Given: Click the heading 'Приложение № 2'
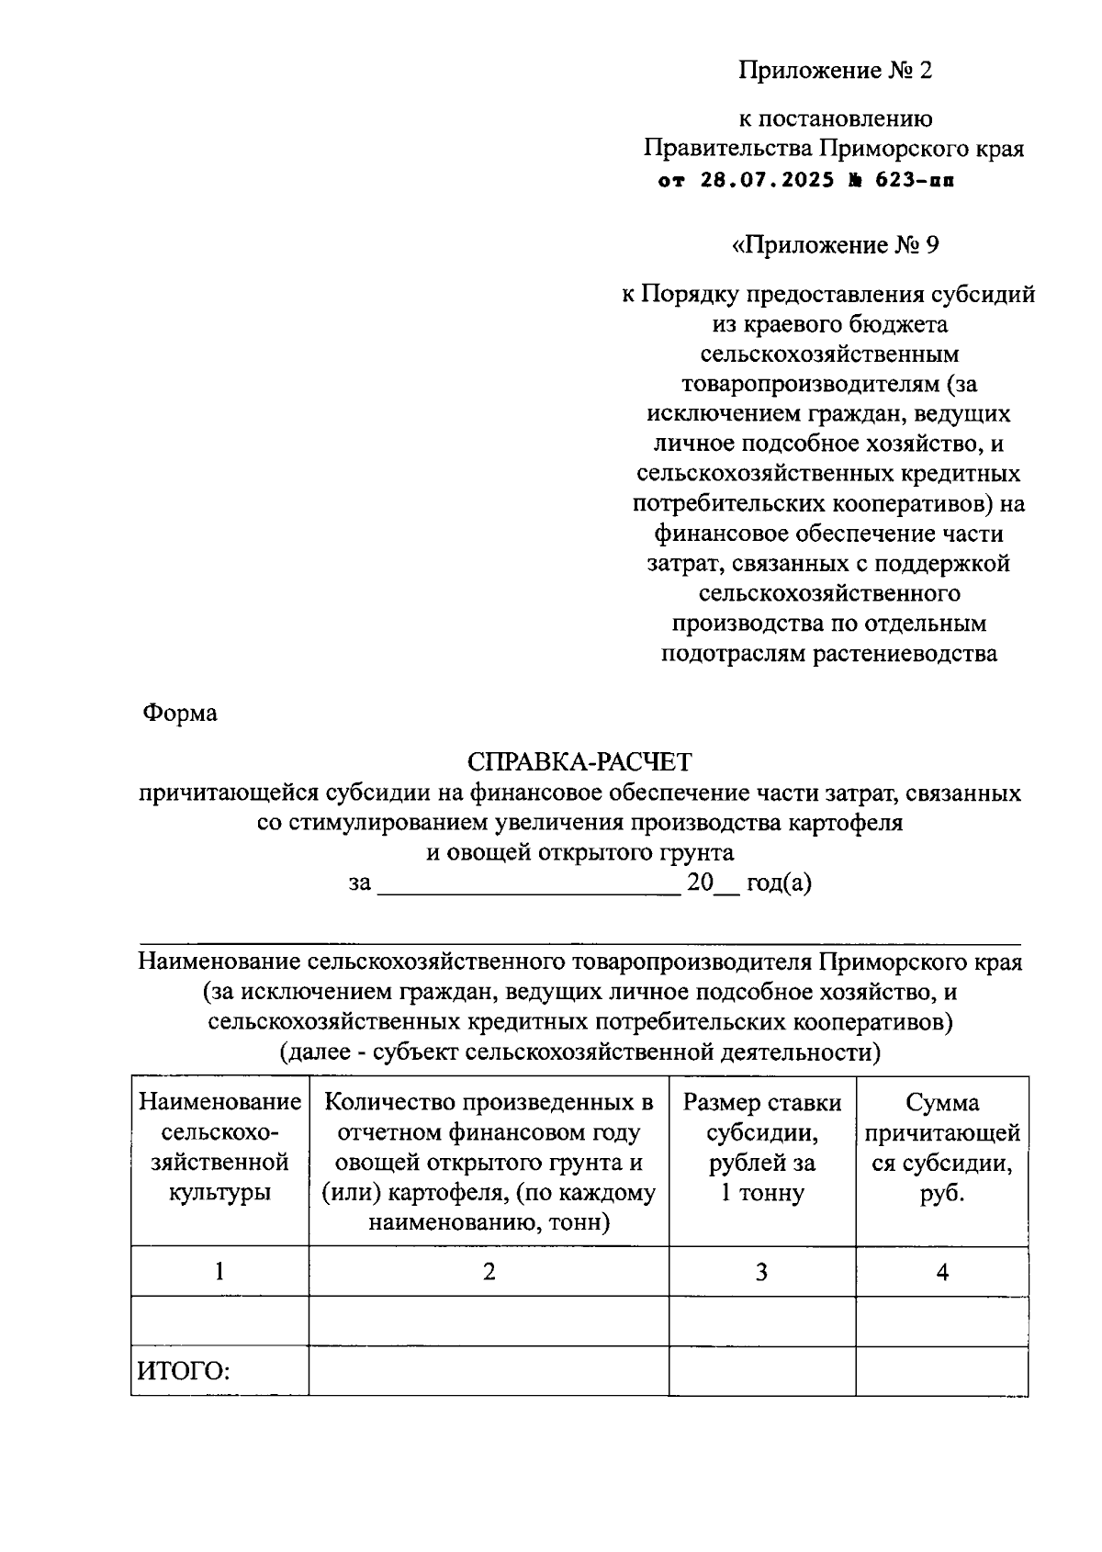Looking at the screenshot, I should [x=835, y=71].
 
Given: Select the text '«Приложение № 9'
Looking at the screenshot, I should [x=835, y=245].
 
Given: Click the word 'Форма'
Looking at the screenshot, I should [x=180, y=713].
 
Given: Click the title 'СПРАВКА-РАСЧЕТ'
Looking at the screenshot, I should [x=579, y=762].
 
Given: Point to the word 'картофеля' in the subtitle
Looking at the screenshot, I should [x=845, y=822].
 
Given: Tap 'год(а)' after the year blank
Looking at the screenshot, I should [x=779, y=883].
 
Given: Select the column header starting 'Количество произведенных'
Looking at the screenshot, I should [x=489, y=1162].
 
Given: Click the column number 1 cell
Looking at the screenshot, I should [x=219, y=1271].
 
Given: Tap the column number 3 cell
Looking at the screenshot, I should [x=761, y=1272].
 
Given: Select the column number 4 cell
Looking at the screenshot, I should [x=941, y=1272].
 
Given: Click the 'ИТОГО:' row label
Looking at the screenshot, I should [x=183, y=1372].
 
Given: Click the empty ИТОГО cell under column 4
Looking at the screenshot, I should [x=941, y=1371].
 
